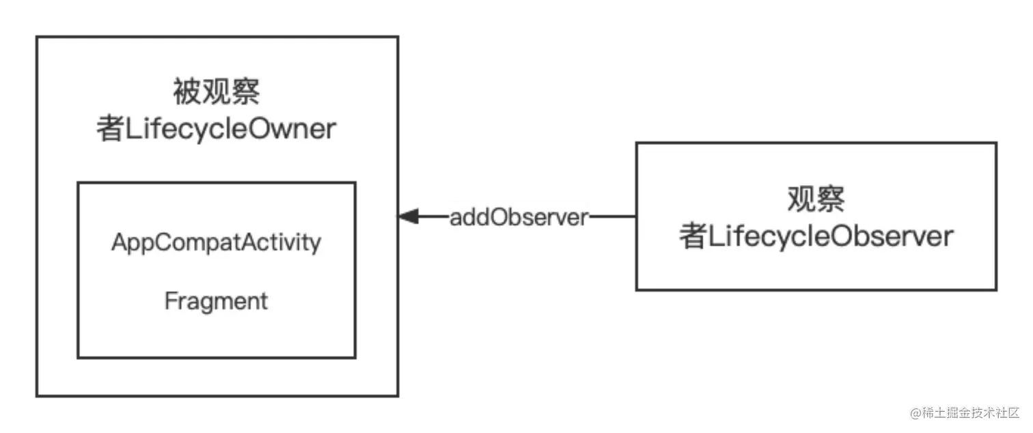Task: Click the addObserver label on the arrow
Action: pos(519,217)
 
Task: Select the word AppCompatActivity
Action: pos(216,242)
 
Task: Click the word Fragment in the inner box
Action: pos(216,301)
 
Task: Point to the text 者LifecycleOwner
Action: pos(217,129)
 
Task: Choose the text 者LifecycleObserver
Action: pos(816,237)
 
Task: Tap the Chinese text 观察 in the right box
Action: pos(816,199)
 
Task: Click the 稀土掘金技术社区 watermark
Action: pos(967,412)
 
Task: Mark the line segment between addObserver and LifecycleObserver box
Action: pos(614,217)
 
